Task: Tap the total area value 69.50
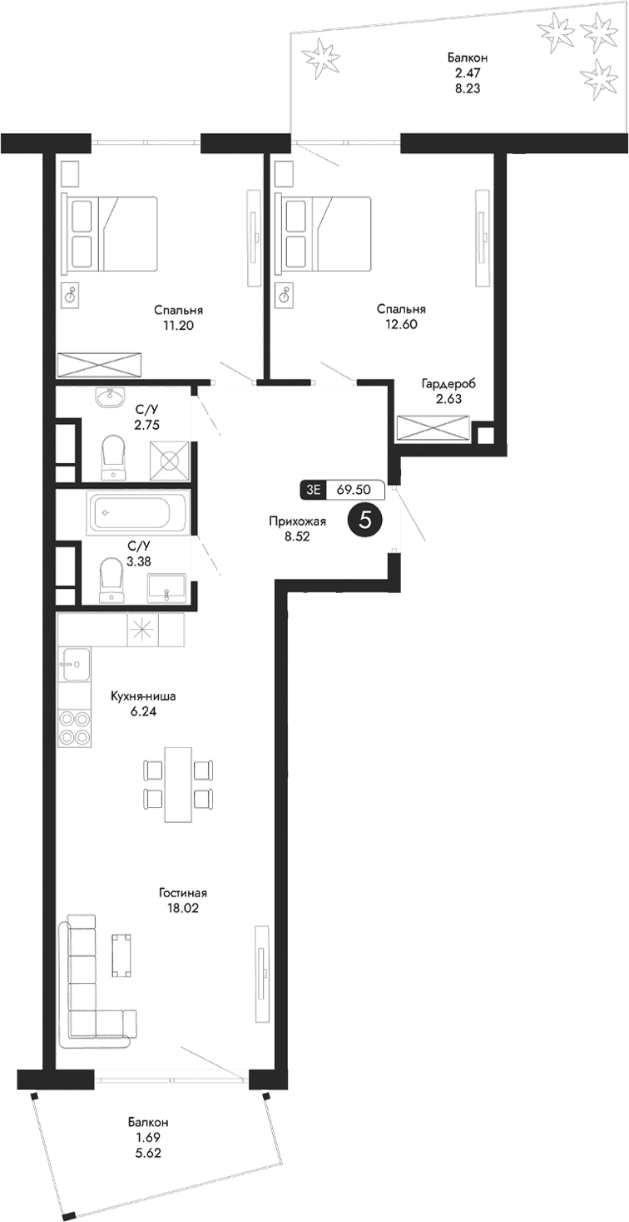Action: pyautogui.click(x=354, y=490)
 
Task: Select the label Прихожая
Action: pyautogui.click(x=297, y=521)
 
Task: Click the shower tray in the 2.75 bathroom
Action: pyautogui.click(x=170, y=460)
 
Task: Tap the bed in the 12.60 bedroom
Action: pyautogui.click(x=324, y=234)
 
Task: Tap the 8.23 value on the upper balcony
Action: pyautogui.click(x=466, y=87)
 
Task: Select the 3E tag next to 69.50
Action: pyautogui.click(x=314, y=490)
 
